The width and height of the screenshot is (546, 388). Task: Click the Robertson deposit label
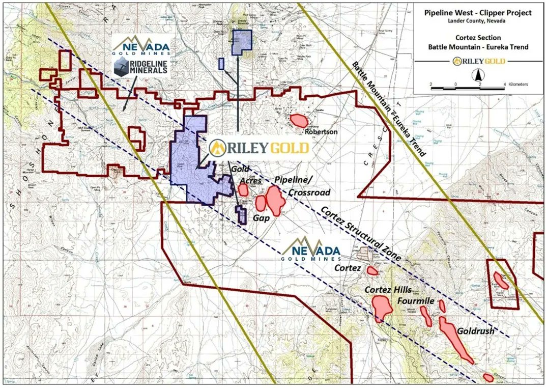tap(322, 131)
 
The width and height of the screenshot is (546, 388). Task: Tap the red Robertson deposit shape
tap(298, 121)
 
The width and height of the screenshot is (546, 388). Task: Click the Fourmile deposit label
tap(416, 301)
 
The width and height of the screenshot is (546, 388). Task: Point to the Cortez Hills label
tap(388, 290)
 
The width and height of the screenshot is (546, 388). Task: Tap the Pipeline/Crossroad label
tap(301, 186)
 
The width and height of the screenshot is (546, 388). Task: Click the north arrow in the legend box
tap(478, 77)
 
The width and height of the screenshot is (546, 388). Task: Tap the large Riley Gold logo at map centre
tap(260, 148)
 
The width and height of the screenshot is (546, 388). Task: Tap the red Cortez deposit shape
tap(372, 270)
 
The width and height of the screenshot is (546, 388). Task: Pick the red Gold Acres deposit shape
tap(243, 190)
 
